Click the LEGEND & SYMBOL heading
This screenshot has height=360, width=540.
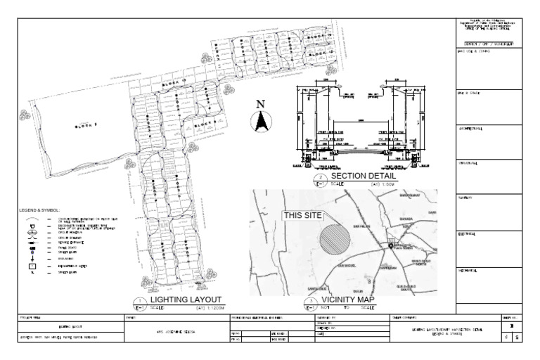(41, 210)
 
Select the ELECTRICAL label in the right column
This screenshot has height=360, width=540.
(467, 234)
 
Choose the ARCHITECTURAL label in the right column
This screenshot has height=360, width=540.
(470, 129)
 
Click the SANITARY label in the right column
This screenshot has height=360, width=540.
(465, 199)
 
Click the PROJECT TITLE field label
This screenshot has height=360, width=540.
(32, 318)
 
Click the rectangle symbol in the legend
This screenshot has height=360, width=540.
(32, 266)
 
